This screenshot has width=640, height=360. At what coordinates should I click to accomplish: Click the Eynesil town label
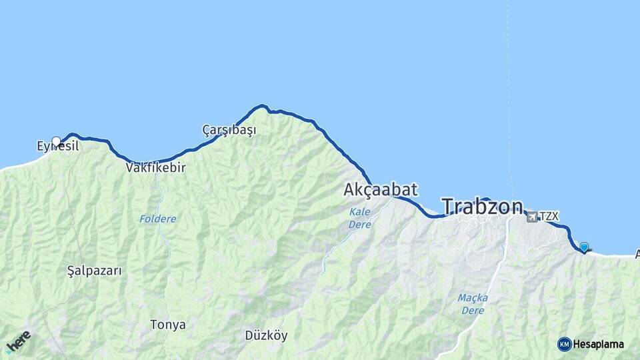pyautogui.click(x=59, y=145)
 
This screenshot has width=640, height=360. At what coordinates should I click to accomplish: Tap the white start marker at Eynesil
pyautogui.click(x=57, y=141)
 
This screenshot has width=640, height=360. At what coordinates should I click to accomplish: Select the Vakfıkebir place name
pyautogui.click(x=155, y=168)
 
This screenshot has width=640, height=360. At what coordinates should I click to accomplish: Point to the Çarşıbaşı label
pyautogui.click(x=229, y=130)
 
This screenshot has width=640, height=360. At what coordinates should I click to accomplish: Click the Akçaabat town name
pyautogui.click(x=381, y=190)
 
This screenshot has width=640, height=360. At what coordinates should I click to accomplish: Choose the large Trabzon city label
pyautogui.click(x=482, y=207)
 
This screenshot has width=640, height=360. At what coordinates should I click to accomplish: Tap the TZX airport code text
pyautogui.click(x=549, y=216)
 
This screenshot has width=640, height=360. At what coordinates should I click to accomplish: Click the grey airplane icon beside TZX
pyautogui.click(x=532, y=217)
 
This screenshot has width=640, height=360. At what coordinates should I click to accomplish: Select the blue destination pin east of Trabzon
pyautogui.click(x=584, y=247)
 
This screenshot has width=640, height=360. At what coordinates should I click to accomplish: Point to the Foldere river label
pyautogui.click(x=158, y=219)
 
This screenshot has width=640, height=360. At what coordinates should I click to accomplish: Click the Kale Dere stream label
pyautogui.click(x=360, y=218)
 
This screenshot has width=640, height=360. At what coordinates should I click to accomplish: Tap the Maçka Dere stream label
pyautogui.click(x=473, y=303)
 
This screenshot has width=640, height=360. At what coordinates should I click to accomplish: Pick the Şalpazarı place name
pyautogui.click(x=95, y=271)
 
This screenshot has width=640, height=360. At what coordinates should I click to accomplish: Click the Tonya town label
pyautogui.click(x=168, y=325)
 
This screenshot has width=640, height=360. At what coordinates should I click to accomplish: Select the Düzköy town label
pyautogui.click(x=266, y=335)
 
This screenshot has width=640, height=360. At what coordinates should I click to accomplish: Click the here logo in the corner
pyautogui.click(x=19, y=341)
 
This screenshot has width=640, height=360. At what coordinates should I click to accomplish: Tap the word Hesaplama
pyautogui.click(x=598, y=344)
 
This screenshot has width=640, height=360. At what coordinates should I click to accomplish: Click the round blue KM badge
pyautogui.click(x=564, y=344)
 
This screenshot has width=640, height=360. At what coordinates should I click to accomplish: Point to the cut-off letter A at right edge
pyautogui.click(x=637, y=254)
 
